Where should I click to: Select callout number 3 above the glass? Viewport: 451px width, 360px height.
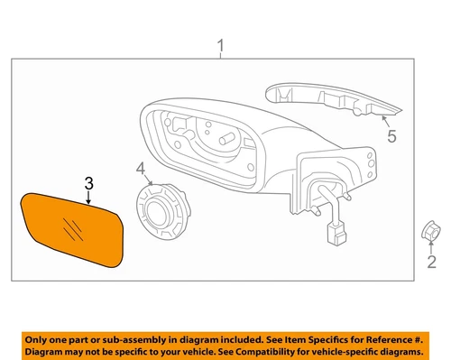[x=88, y=184]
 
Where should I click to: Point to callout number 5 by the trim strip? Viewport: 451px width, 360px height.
[x=391, y=137]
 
